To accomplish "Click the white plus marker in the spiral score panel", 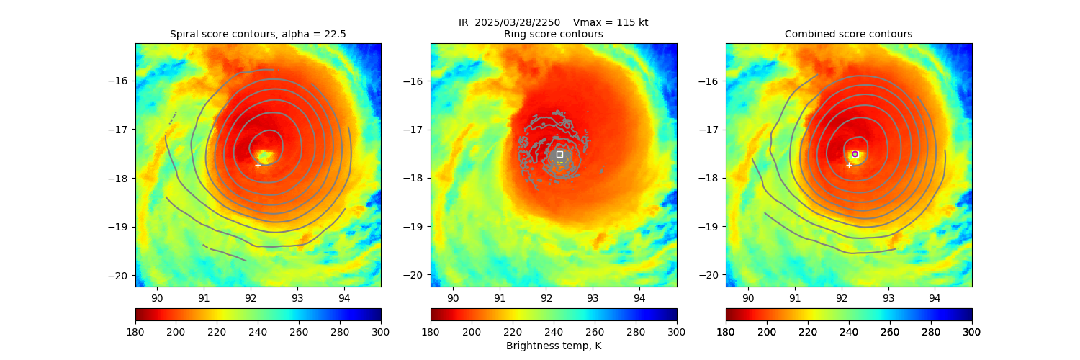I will (258, 165).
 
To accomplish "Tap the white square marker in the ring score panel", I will (559, 154).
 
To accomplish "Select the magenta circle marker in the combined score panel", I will (855, 154).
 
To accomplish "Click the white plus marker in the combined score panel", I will (849, 165).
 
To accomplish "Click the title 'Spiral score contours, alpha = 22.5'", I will (258, 34).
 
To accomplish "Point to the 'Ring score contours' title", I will (553, 34).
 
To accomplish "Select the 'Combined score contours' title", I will (848, 34).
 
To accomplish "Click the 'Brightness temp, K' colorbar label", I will (553, 346).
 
